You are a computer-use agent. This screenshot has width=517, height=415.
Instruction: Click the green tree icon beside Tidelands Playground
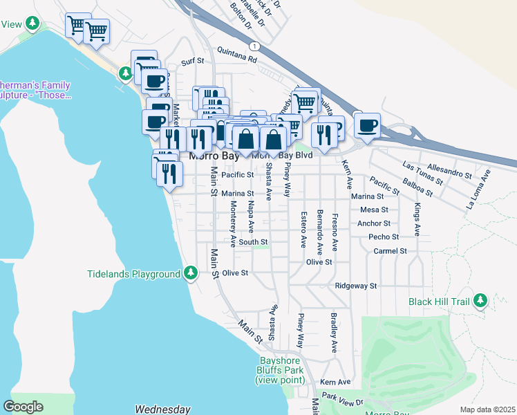[191, 274]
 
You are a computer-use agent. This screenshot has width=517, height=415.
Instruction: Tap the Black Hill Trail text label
[438, 302]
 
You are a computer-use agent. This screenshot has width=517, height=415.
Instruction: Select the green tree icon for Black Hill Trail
[479, 301]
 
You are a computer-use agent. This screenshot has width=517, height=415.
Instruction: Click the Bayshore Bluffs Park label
[280, 370]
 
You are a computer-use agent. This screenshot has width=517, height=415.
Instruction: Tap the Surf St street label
[193, 61]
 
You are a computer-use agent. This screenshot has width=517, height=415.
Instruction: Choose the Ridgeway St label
[355, 286]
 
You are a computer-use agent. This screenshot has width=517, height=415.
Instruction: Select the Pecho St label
[384, 237]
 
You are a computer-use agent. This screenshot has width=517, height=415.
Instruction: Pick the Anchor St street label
[374, 223]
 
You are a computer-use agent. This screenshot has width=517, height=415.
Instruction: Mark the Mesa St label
[374, 210]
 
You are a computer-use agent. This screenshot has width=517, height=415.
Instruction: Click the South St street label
[254, 242]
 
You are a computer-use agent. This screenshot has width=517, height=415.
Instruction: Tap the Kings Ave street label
[417, 220]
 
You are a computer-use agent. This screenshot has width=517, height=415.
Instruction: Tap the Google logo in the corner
[23, 407]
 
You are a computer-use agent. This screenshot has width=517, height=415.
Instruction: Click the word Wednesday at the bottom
[162, 409]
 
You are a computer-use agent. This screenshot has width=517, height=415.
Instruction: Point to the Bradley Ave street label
[334, 333]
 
